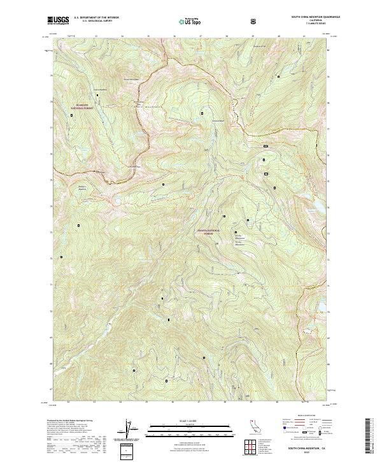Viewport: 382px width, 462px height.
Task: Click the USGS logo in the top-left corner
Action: (58, 20)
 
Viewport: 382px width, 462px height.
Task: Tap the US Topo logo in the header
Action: (192, 20)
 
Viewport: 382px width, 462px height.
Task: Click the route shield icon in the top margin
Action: (255, 20)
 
